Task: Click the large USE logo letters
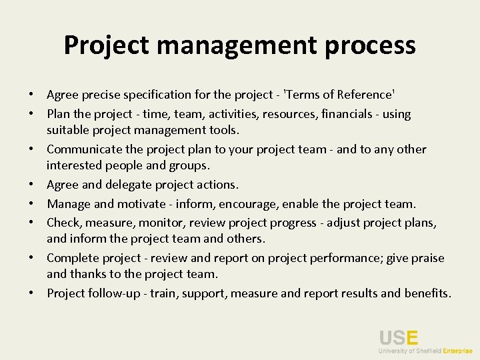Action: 399,339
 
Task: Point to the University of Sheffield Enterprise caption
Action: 425,350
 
